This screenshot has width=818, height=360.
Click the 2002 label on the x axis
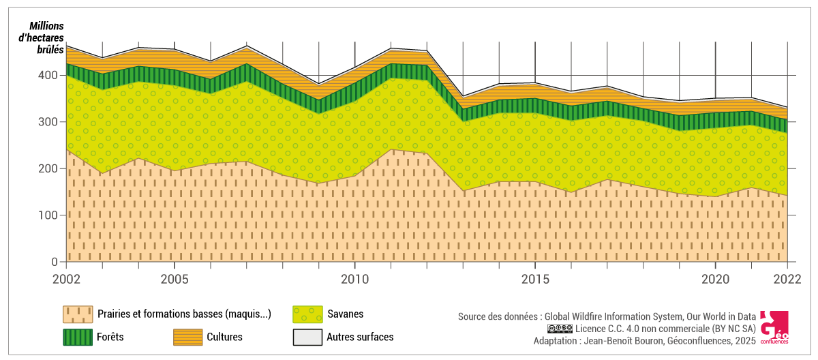tap(67, 279)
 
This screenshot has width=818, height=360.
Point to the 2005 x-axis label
tap(175, 279)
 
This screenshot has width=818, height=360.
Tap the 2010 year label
tap(354, 279)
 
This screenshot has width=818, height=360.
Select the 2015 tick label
tap(535, 279)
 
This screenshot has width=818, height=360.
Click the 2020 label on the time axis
tap(715, 279)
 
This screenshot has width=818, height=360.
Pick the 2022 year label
tap(787, 279)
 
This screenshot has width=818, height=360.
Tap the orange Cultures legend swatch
tap(186, 337)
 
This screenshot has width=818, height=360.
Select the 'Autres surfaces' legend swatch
tap(306, 337)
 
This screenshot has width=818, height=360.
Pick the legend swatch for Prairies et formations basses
tap(77, 314)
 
